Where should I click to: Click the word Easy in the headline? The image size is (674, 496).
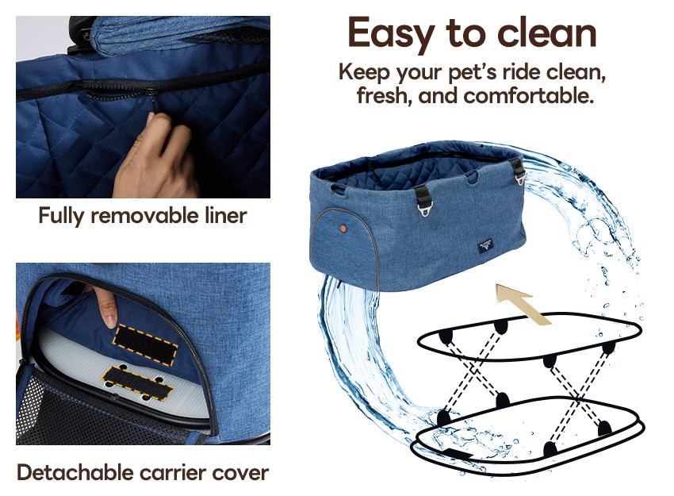pyautogui.click(x=391, y=34)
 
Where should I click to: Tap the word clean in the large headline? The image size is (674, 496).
pyautogui.click(x=547, y=33)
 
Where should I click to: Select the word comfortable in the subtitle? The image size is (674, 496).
pyautogui.click(x=528, y=95)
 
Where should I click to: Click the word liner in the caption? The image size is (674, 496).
pyautogui.click(x=226, y=215)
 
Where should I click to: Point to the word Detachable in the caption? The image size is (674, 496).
pyautogui.click(x=75, y=472)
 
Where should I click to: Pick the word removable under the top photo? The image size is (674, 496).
pyautogui.click(x=144, y=215)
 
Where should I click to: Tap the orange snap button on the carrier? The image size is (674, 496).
pyautogui.click(x=343, y=228)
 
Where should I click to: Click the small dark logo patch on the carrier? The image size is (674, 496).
pyautogui.click(x=486, y=246)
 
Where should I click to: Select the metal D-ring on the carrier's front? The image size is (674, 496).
pyautogui.click(x=423, y=210)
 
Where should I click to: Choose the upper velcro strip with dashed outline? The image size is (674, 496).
pyautogui.click(x=145, y=344)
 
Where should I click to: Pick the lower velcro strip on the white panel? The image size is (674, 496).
pyautogui.click(x=136, y=383)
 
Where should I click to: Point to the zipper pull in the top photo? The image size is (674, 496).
pyautogui.click(x=151, y=102)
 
